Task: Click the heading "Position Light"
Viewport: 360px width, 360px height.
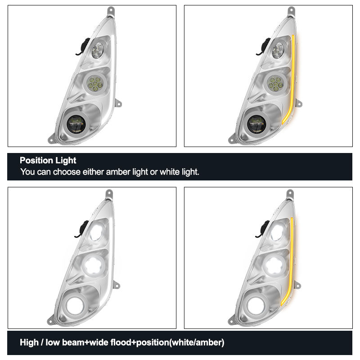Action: (x=48, y=160)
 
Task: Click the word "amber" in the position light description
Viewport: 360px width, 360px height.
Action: (x=118, y=172)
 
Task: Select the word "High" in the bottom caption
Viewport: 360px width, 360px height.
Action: (x=29, y=342)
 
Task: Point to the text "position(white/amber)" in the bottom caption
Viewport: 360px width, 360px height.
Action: (x=180, y=342)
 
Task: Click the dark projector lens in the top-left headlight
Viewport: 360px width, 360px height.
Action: (x=76, y=124)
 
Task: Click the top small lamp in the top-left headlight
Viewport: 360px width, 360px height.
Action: (x=98, y=50)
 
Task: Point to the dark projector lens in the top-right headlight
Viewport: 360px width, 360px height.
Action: (x=256, y=124)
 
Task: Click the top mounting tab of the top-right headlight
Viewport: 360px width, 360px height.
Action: (x=291, y=11)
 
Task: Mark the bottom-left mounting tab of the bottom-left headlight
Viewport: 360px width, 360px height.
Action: (x=51, y=321)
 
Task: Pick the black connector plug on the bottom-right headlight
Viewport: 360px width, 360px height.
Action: (x=264, y=229)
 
